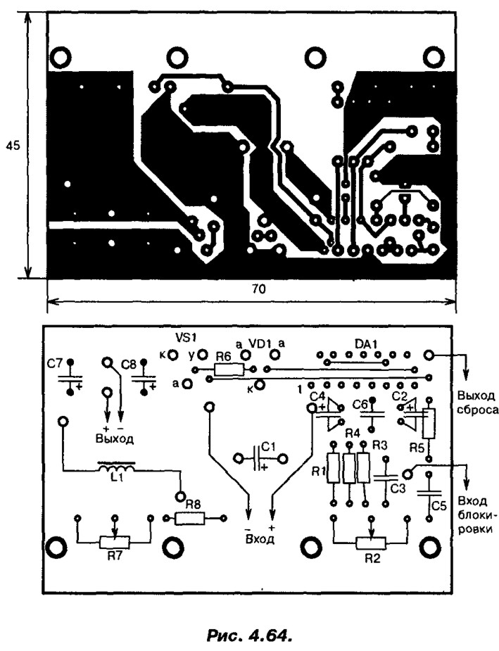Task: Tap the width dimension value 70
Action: [258, 289]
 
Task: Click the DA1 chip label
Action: [366, 343]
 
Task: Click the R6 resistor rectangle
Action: [229, 369]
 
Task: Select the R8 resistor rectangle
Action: [190, 518]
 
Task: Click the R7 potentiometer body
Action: [115, 541]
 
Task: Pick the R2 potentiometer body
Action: [371, 542]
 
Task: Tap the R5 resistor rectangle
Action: [429, 424]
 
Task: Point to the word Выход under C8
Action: [115, 439]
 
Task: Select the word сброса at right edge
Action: [477, 410]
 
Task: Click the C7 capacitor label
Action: [54, 364]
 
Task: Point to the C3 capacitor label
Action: [398, 488]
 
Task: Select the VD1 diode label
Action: [260, 343]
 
